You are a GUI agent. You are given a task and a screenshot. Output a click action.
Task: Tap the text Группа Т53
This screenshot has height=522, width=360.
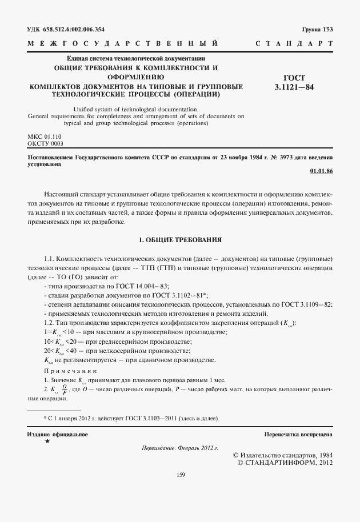317,29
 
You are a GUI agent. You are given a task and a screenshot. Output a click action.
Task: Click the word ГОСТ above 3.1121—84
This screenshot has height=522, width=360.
294,78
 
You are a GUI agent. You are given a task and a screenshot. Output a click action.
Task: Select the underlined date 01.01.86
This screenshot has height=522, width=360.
321,171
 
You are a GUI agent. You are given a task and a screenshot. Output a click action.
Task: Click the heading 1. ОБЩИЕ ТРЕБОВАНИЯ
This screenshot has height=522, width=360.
180,239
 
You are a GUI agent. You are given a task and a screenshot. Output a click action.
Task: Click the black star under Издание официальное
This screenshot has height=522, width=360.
47,442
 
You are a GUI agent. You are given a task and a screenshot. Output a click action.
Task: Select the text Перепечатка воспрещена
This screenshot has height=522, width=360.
298,435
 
